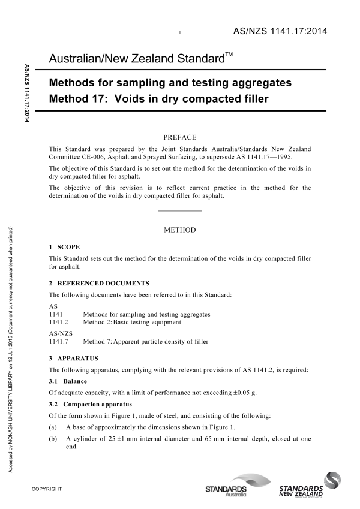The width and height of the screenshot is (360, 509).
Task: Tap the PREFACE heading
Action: click(x=180, y=137)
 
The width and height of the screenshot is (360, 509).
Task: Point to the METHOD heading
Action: click(x=180, y=230)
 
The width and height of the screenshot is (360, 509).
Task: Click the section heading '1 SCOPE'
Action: click(x=64, y=247)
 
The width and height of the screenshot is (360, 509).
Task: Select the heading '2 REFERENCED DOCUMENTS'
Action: click(x=99, y=283)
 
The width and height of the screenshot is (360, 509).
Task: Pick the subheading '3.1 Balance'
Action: click(x=67, y=381)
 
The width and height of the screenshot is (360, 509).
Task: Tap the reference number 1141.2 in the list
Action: click(x=58, y=322)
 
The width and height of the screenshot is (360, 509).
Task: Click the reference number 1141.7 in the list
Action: click(x=58, y=341)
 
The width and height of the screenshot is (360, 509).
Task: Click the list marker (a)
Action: click(x=53, y=427)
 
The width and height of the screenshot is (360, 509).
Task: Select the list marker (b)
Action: click(x=53, y=439)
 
